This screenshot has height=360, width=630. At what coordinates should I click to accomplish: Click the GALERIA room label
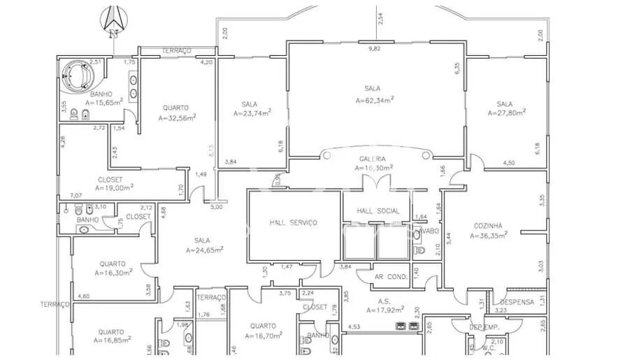pos(373,159)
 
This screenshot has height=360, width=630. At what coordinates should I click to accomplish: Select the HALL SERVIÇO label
pos(294,222)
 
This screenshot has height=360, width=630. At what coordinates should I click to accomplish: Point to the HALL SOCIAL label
pos(378,211)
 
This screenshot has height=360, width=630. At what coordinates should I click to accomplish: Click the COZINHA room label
pos(488,226)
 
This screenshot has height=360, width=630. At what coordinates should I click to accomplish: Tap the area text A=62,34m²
pos(374,100)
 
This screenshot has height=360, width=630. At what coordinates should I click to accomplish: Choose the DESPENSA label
pos(517,303)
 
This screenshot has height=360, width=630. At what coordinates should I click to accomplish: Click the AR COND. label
pos(391,278)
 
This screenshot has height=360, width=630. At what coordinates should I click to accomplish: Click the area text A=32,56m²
pos(176,117)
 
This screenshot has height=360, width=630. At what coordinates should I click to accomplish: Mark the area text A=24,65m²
pos(204,250)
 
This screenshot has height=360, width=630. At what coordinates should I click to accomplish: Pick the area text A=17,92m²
pos(380,310)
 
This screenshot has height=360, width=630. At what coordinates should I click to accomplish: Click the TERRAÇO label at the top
pos(176,51)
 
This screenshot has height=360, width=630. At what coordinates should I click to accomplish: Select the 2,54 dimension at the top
pos(380,18)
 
